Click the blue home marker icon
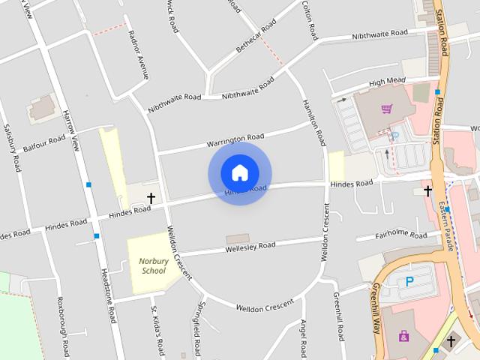click(239, 172)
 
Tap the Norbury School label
click(153, 266)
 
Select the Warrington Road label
click(236, 139)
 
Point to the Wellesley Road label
click(250, 246)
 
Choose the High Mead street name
click(387, 82)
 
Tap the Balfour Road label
click(44, 142)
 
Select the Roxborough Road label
click(63, 326)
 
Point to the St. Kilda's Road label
click(157, 331)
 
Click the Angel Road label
click(304, 337)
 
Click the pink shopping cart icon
click(386, 109)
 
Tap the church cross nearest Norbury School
click(151, 198)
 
